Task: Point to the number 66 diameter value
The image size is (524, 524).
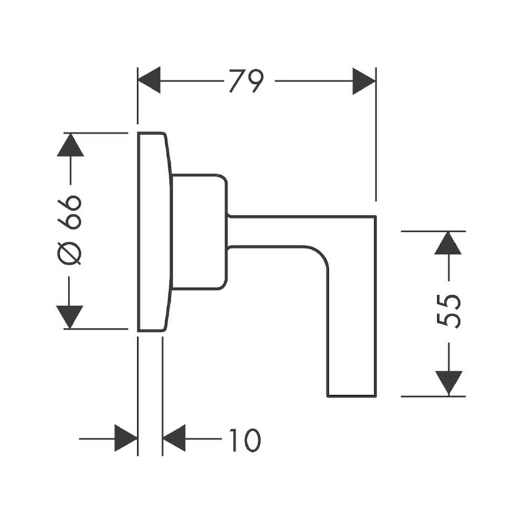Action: click(x=70, y=212)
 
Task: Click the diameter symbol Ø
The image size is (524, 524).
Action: click(x=71, y=253)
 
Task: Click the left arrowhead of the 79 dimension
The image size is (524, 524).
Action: click(x=149, y=81)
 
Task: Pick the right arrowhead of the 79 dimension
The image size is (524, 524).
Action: click(x=364, y=81)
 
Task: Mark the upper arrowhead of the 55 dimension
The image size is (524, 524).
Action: click(x=448, y=242)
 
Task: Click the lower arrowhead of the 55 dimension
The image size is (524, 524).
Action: click(x=448, y=383)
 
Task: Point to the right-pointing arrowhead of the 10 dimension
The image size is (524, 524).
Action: click(x=126, y=439)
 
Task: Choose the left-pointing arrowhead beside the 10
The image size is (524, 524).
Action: click(x=174, y=439)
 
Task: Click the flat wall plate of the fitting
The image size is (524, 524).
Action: click(x=151, y=232)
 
